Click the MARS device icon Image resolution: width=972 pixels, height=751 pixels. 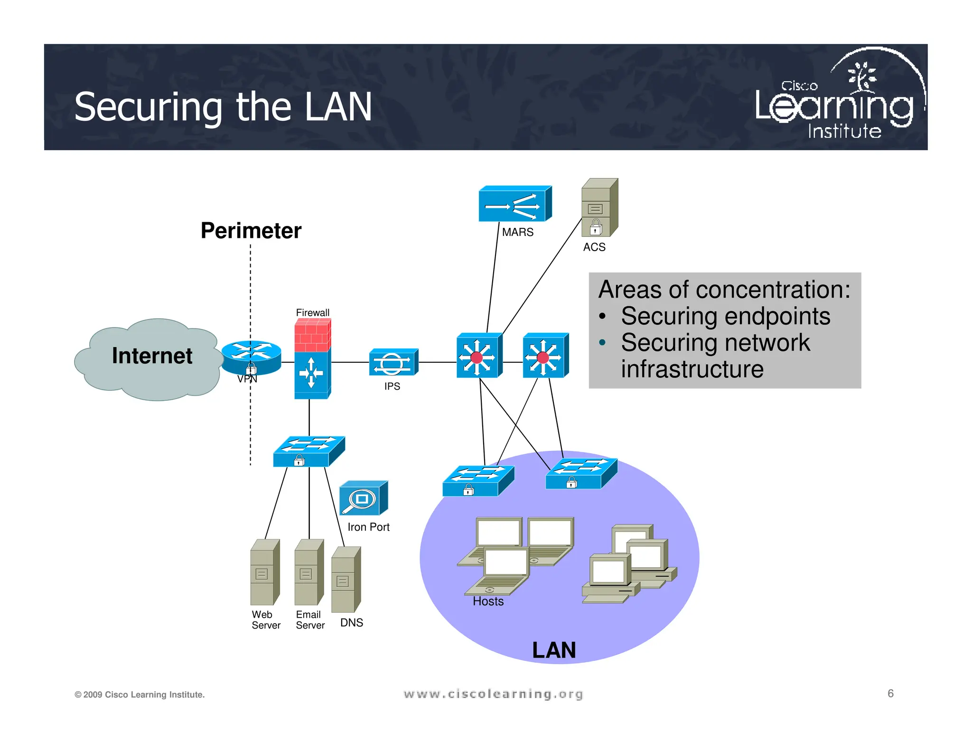point(514,204)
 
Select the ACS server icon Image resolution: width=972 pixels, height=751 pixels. point(599,208)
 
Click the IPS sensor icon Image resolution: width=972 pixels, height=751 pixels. point(393,363)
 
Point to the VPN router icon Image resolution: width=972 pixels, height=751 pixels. point(252,357)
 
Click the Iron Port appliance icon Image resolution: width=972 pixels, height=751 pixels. point(363,498)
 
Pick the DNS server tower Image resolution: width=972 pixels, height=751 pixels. point(346,580)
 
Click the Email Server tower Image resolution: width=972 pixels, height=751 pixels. point(308,572)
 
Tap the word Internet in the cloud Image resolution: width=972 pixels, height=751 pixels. point(152,356)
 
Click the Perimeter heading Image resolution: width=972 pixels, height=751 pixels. point(251,231)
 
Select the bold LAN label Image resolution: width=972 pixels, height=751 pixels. point(553,650)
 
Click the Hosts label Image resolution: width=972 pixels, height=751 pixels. point(488,601)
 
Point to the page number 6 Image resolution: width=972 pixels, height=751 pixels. point(890,694)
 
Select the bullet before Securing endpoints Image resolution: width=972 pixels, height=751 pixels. point(602,317)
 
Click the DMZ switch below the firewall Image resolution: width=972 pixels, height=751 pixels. point(308,451)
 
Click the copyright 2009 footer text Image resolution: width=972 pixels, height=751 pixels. point(140,695)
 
